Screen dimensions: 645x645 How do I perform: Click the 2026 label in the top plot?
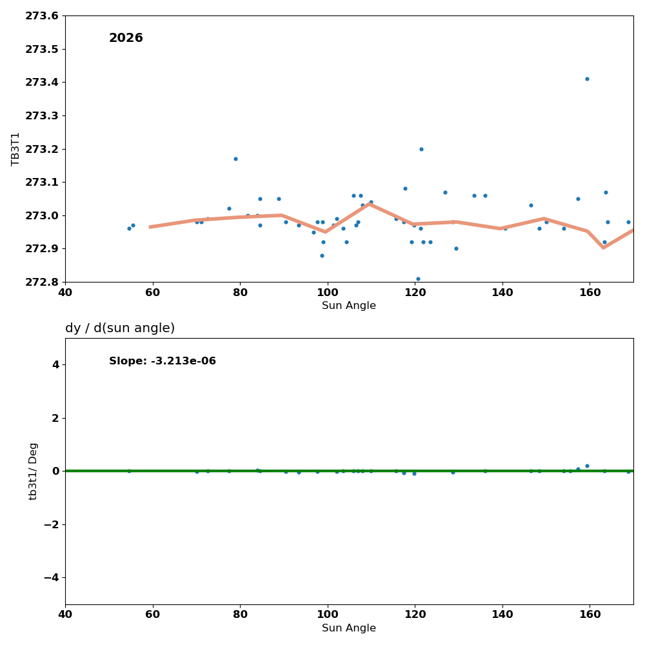click(126, 38)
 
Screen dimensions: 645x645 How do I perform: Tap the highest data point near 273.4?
click(587, 79)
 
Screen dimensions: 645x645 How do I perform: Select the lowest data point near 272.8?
click(418, 279)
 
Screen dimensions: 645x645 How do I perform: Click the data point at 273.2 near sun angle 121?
click(421, 149)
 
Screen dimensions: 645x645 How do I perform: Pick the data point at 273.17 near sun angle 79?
click(235, 159)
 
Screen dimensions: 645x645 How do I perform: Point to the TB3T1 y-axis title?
click(16, 149)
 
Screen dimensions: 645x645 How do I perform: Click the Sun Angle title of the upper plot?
click(349, 306)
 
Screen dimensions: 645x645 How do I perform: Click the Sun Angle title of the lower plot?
click(349, 628)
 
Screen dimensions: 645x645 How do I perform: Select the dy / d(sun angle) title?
click(120, 328)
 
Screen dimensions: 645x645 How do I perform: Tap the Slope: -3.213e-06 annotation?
click(163, 361)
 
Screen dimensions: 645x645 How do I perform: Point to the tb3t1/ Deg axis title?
click(34, 471)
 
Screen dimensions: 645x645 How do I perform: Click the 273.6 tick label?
click(42, 16)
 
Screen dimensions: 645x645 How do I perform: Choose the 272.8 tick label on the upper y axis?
click(42, 282)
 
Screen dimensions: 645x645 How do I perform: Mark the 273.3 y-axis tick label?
click(42, 115)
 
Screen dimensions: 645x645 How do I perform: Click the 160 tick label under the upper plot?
click(590, 292)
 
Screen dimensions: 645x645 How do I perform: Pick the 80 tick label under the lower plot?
click(240, 615)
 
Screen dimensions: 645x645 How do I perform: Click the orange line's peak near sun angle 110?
click(370, 204)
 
